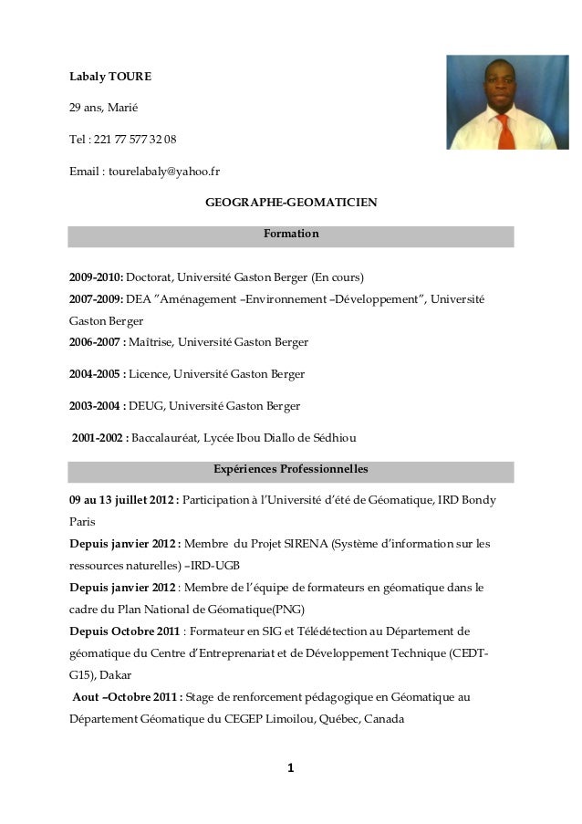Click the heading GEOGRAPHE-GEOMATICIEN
click(x=290, y=201)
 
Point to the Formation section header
click(x=291, y=235)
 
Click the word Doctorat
click(x=149, y=276)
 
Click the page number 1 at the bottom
click(x=290, y=767)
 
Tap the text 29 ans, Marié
click(x=103, y=109)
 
